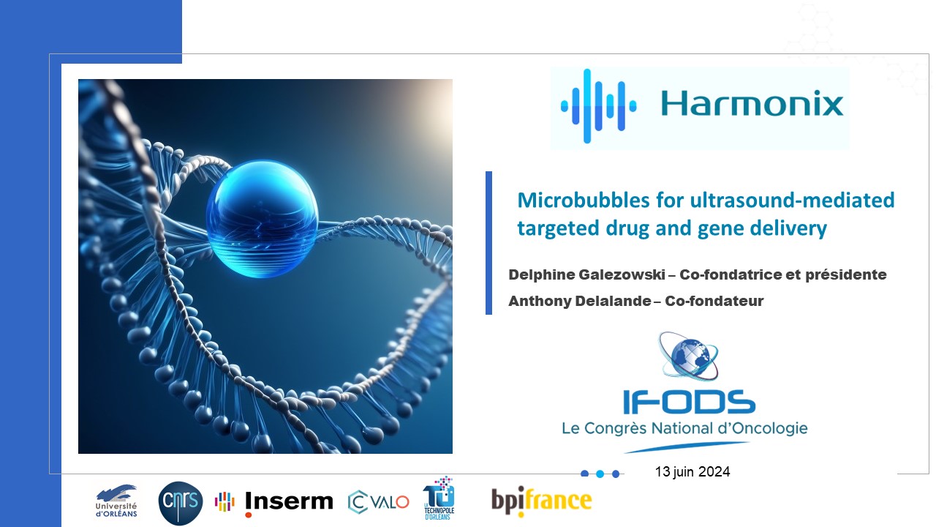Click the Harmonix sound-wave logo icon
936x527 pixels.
[x=598, y=106]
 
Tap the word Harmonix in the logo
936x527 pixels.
[x=752, y=103]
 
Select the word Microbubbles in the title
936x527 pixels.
[x=584, y=200]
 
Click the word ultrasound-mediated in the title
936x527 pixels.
[x=792, y=200]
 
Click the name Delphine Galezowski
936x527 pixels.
[x=586, y=274]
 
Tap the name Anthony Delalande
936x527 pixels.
[x=580, y=301]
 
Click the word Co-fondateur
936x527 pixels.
[x=714, y=301]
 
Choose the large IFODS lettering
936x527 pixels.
[x=689, y=402]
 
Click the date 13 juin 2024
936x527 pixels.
[x=692, y=472]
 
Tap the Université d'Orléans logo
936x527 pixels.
[x=116, y=501]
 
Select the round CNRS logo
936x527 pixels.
[x=181, y=503]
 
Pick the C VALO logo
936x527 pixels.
[x=378, y=502]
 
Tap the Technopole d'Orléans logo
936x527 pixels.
[x=439, y=498]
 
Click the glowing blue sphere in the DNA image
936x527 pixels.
[x=262, y=219]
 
